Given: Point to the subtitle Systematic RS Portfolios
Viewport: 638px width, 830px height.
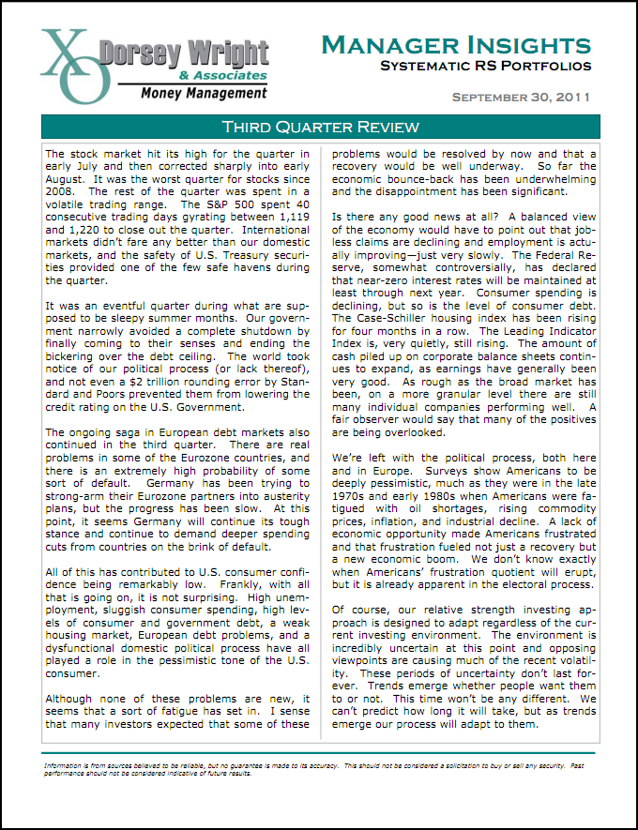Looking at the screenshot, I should coord(485,66).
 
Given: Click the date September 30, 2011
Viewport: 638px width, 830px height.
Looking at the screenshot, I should coord(521,97).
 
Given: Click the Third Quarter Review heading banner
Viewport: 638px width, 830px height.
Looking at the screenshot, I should coord(319,127).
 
